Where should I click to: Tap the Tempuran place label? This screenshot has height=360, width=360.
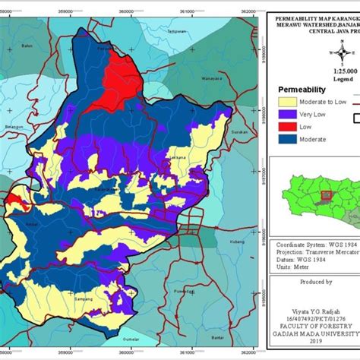click(x=177, y=31)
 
